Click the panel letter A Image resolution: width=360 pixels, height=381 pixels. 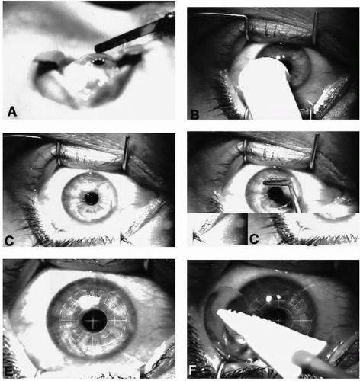coord(11,111)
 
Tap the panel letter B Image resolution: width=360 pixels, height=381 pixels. coord(194,114)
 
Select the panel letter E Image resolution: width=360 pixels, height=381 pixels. coord(8,371)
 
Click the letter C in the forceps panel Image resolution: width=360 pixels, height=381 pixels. coord(254,239)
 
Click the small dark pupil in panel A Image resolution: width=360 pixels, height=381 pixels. coord(98,62)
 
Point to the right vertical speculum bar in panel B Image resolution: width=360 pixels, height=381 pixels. coord(315,29)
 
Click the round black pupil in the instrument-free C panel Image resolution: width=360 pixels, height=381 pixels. coord(91,198)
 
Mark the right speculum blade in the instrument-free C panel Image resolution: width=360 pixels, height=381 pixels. coord(126,153)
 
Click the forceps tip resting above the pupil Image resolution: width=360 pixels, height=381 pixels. coord(276,181)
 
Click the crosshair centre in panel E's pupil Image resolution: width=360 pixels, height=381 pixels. coord(93,322)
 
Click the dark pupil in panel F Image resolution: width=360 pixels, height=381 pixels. coord(278,315)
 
